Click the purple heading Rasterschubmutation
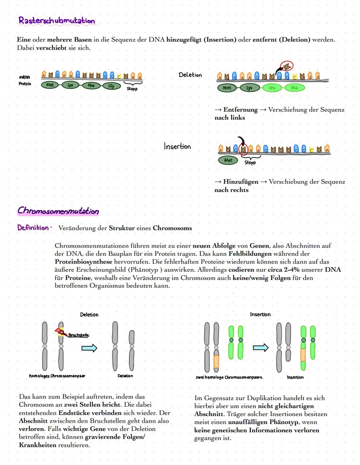(57, 21)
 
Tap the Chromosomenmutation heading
(58, 211)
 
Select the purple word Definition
(33, 228)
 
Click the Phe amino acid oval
(91, 85)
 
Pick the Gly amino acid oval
(111, 86)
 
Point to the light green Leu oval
(272, 88)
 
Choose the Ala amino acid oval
(294, 88)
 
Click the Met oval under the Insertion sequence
(228, 160)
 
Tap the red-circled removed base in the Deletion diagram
(286, 66)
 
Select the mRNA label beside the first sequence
(24, 77)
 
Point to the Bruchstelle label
(79, 335)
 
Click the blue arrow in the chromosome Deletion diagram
(89, 348)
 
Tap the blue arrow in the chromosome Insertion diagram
(260, 348)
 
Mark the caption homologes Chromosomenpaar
(57, 376)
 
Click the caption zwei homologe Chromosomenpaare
(229, 377)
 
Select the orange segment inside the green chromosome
(303, 355)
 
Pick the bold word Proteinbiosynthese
(83, 262)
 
